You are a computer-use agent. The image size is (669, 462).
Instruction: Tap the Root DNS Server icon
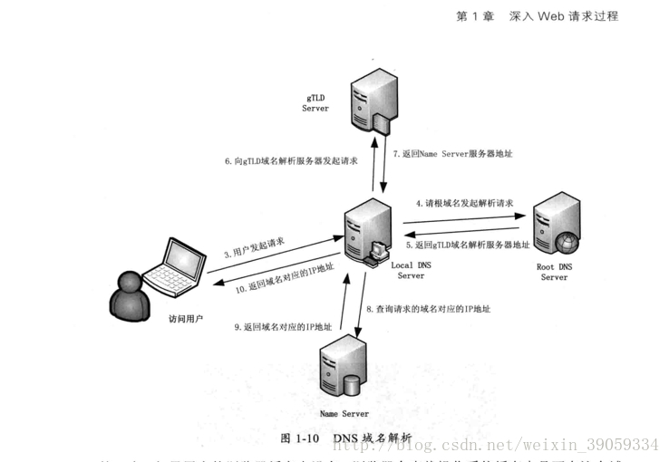(554, 226)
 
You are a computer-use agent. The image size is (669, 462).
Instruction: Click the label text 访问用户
(186, 319)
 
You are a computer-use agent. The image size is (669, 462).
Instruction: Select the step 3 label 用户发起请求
(255, 247)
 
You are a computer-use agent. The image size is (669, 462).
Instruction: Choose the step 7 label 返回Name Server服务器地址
(452, 154)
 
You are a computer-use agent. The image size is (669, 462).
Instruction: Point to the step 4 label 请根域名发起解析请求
(464, 204)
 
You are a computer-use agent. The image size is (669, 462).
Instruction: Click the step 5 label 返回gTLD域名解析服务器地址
(468, 245)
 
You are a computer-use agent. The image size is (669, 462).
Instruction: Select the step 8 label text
(429, 309)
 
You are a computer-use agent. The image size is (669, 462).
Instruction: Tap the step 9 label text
(283, 326)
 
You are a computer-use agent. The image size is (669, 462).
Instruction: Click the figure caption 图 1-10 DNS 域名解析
(346, 438)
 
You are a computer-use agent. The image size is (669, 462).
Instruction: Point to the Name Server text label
(344, 413)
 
